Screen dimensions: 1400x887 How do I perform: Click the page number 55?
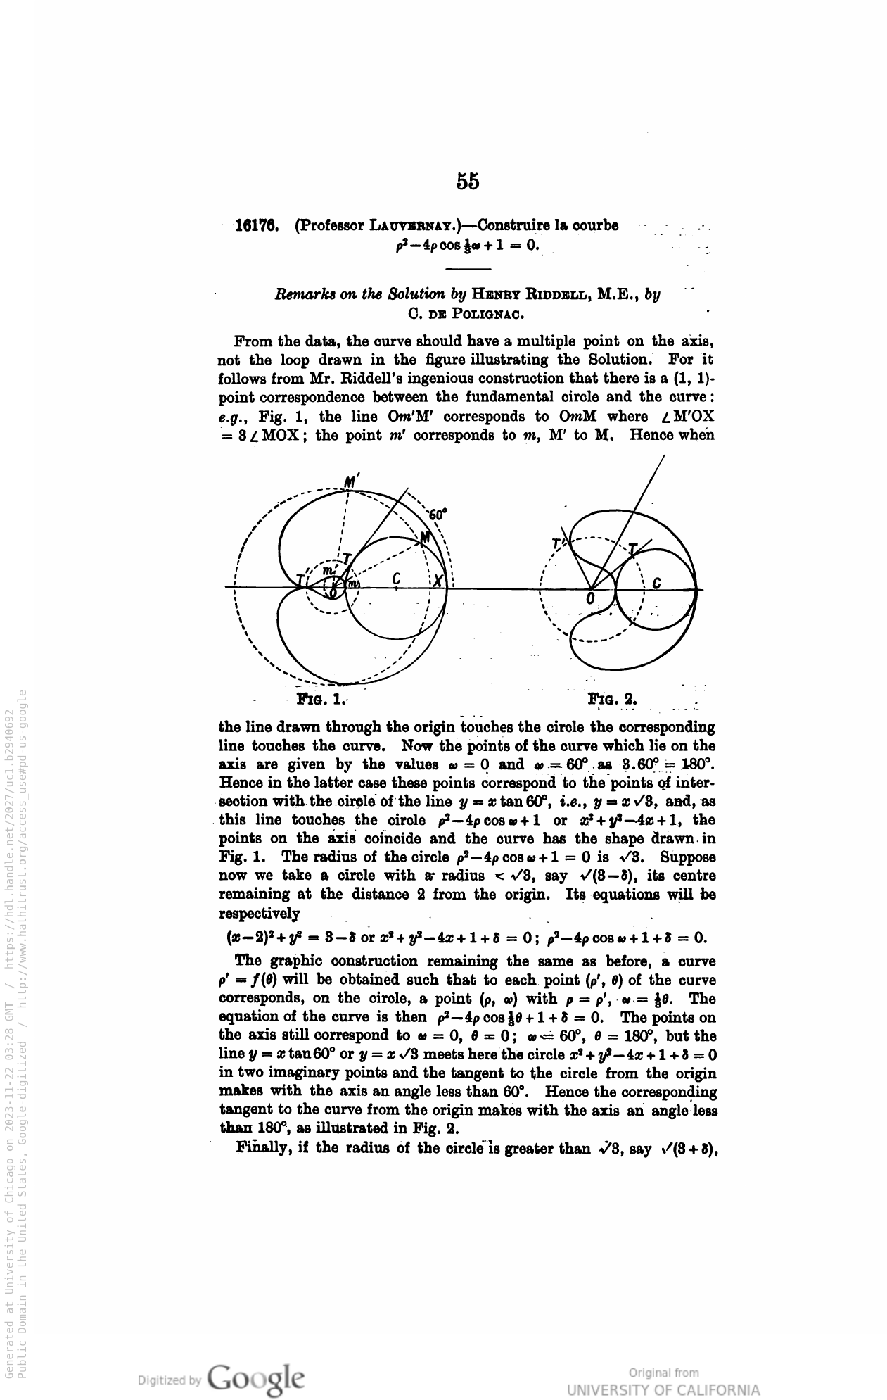tap(468, 181)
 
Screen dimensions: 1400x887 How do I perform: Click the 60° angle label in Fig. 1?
tap(438, 514)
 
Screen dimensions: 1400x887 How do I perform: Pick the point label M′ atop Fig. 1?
tap(352, 481)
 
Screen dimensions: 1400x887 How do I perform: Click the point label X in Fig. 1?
tap(438, 581)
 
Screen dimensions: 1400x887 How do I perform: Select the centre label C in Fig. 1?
tap(396, 579)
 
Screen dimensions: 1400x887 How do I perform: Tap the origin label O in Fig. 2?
tap(591, 598)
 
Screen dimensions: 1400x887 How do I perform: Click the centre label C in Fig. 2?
tap(656, 584)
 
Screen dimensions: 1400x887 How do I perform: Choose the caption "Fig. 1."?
tap(322, 700)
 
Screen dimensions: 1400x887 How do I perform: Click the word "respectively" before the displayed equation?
tap(260, 914)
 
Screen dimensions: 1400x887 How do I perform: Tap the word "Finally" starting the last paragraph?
tap(261, 1149)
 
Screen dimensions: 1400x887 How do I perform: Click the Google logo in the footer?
tap(256, 1377)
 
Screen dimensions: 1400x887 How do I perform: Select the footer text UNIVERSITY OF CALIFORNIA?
tap(663, 1390)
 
